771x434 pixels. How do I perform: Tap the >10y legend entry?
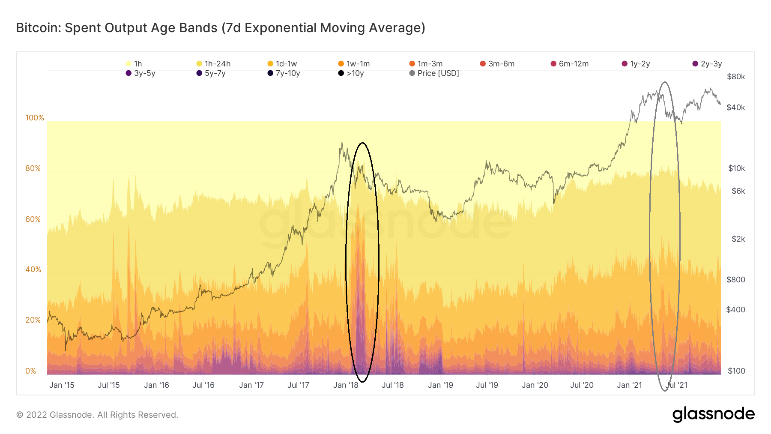[351, 73]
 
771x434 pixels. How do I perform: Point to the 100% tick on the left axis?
[35, 118]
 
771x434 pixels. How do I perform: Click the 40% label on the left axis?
[33, 269]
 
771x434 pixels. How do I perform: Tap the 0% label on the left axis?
[31, 371]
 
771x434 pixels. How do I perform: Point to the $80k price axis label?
[736, 77]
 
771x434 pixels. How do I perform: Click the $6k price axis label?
[738, 191]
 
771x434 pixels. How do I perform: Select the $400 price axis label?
[735, 309]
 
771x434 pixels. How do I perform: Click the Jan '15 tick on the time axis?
[62, 385]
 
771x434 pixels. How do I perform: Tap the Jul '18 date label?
[393, 385]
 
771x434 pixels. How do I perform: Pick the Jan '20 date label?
[535, 385]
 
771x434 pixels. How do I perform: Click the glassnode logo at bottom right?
[713, 414]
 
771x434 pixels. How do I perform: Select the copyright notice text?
[97, 415]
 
